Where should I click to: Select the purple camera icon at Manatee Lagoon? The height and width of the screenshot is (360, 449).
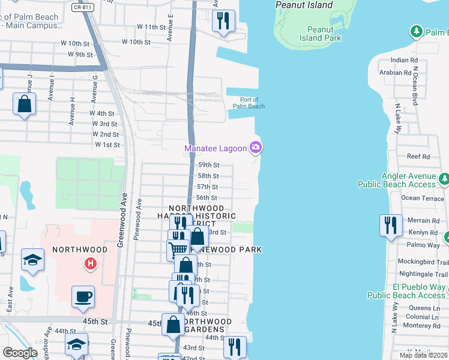click(256, 148)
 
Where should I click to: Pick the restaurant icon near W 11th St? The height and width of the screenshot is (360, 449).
click(223, 22)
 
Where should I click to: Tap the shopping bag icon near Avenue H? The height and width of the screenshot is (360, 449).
click(25, 104)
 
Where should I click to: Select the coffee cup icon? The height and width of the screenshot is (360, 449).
click(83, 296)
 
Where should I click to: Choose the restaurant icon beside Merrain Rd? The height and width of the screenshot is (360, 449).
click(391, 226)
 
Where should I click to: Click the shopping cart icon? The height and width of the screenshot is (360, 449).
click(178, 249)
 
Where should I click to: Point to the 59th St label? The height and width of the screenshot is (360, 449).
click(208, 165)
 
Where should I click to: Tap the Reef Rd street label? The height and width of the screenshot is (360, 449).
click(418, 157)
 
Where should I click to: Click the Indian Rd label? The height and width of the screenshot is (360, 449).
click(404, 61)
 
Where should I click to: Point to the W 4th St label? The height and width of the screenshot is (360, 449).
click(102, 113)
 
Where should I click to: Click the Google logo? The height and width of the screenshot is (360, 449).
click(20, 353)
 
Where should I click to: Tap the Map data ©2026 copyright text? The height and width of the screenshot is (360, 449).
click(423, 355)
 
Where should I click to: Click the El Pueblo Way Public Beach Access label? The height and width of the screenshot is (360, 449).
click(406, 292)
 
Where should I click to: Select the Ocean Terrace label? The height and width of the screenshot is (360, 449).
click(422, 198)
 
